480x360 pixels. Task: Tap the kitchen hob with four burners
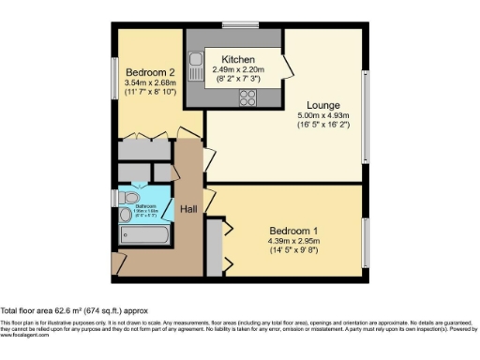(x=249, y=96)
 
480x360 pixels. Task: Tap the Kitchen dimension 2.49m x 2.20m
(x=238, y=68)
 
